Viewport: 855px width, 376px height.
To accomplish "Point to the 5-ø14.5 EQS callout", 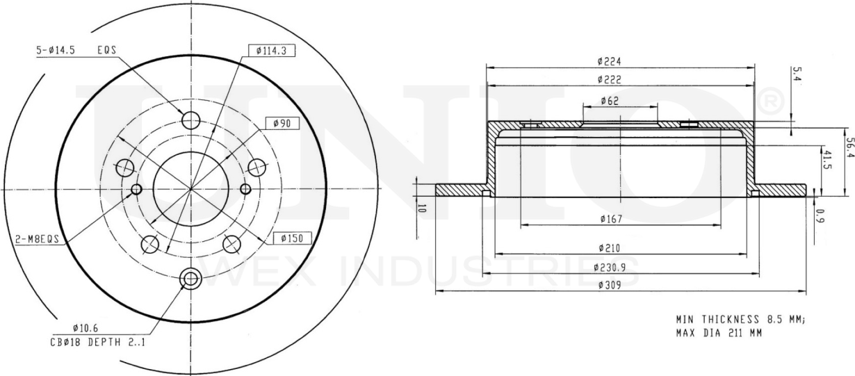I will coord(76,50).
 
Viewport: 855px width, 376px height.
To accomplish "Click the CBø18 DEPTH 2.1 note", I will coord(97,341).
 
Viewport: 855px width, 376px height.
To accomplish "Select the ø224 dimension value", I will coord(610,61).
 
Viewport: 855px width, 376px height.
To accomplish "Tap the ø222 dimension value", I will coord(610,79).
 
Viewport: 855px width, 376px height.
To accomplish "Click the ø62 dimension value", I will coord(610,101).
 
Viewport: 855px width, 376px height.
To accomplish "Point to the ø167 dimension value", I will coord(610,220).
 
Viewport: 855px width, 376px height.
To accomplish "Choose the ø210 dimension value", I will coord(610,247).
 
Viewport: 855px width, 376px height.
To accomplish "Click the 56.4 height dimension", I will coord(849,148).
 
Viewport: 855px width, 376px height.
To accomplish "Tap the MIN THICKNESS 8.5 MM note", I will coord(740,320).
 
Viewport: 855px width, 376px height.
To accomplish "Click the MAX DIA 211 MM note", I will coord(719,333).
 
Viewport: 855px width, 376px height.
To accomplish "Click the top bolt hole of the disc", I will coord(190,120).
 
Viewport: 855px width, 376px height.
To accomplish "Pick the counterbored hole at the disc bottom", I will coord(190,279).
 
